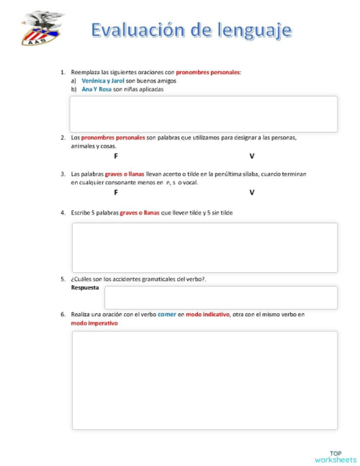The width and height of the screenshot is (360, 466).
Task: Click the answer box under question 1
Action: point(203,114)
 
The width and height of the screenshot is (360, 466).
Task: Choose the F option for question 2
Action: point(116,156)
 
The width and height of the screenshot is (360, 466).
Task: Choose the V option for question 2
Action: point(252,156)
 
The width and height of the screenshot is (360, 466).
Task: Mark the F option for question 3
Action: point(116,192)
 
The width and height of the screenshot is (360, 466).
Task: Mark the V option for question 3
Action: point(252,192)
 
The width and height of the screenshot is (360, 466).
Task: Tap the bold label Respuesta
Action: point(85,287)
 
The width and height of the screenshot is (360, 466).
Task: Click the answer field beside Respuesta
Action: point(220,297)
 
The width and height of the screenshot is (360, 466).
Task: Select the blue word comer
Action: point(167,314)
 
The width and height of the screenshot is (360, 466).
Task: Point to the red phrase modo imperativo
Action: point(94,323)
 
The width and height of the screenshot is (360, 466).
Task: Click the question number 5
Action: point(63,278)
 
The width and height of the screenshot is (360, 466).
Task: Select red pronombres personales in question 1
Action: point(208,72)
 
